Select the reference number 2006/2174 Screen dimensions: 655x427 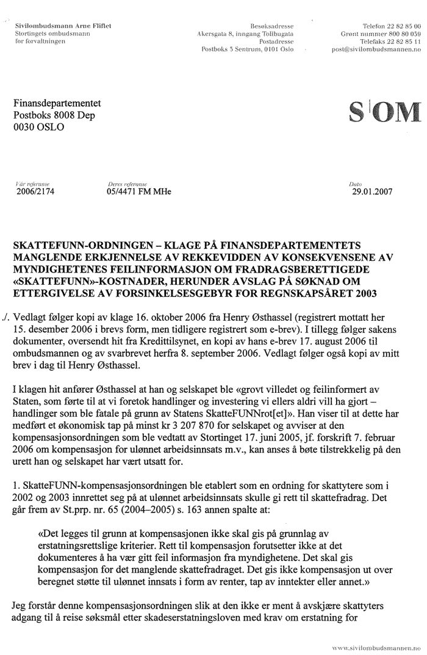click(x=34, y=191)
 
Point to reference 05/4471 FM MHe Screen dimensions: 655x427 click(x=139, y=191)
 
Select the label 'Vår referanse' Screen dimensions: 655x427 click(x=27, y=183)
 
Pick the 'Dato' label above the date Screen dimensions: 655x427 click(x=355, y=183)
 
